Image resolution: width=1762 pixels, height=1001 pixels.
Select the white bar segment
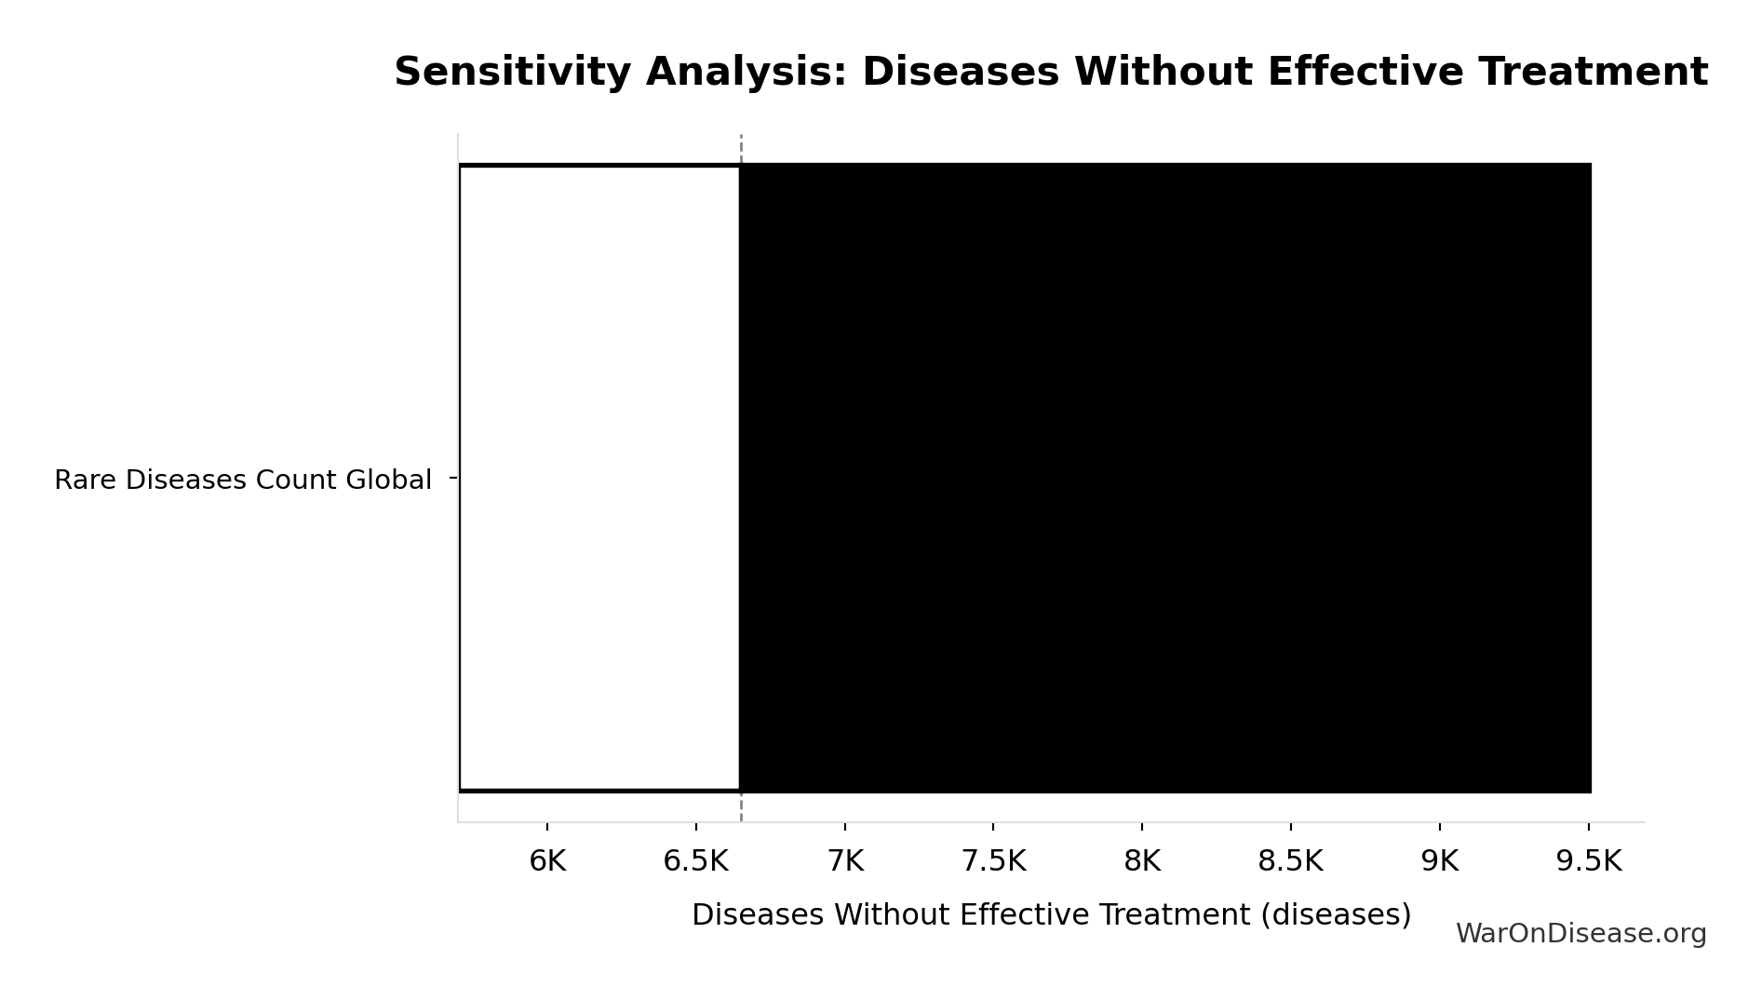(x=599, y=478)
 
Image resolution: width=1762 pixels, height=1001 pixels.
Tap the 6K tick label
(x=547, y=861)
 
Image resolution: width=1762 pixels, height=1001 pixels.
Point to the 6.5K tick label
(x=695, y=861)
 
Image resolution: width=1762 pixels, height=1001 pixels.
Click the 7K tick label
(x=845, y=861)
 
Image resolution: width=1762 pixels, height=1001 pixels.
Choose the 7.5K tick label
(x=993, y=861)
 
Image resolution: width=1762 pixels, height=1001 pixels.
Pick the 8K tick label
(x=1142, y=861)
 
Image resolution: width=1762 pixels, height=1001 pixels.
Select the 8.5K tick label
(x=1290, y=861)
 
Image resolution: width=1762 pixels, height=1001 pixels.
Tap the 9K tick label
(x=1439, y=861)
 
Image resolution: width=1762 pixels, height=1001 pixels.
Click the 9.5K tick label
(x=1588, y=861)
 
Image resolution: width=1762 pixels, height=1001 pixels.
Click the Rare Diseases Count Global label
(x=243, y=480)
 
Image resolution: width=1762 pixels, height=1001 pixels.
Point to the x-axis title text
(x=1051, y=914)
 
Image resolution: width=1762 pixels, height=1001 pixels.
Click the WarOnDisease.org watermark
(x=1580, y=934)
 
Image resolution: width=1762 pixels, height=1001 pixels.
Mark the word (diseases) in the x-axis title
(x=1336, y=914)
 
